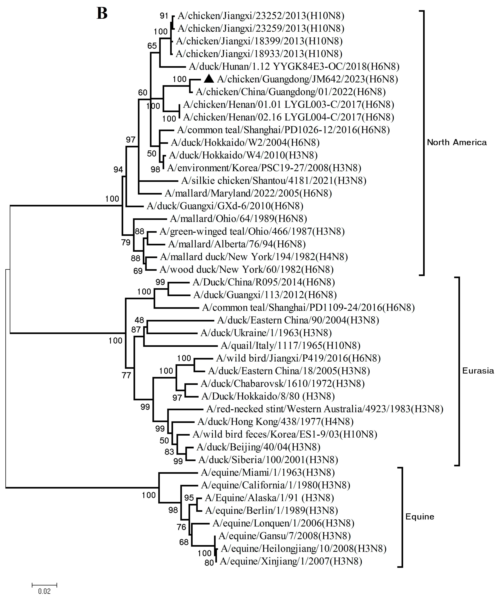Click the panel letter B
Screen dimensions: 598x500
102,13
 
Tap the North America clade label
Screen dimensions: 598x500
457,142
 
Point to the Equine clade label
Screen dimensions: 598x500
420,517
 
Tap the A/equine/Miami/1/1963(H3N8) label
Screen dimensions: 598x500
268,472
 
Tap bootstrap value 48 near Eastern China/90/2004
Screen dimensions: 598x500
139,320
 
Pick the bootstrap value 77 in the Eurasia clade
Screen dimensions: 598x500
126,375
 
